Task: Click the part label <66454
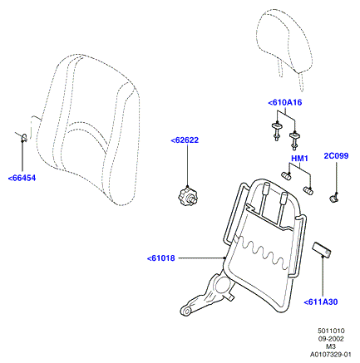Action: [x=22, y=179]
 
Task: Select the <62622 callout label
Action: [x=185, y=140]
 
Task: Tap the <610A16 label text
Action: [x=285, y=103]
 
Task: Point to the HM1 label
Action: [x=299, y=159]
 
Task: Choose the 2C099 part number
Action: [x=336, y=156]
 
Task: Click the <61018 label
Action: [x=161, y=258]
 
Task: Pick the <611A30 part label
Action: [x=321, y=302]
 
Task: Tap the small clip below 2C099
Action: [x=334, y=198]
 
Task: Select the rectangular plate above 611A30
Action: [x=322, y=249]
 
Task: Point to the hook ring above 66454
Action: [x=24, y=137]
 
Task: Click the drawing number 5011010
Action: [x=331, y=331]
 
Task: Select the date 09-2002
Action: [x=331, y=339]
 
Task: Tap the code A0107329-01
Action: [x=330, y=355]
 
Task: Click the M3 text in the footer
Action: [x=331, y=346]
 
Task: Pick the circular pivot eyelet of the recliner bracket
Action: [x=186, y=311]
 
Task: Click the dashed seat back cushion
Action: [x=88, y=130]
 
